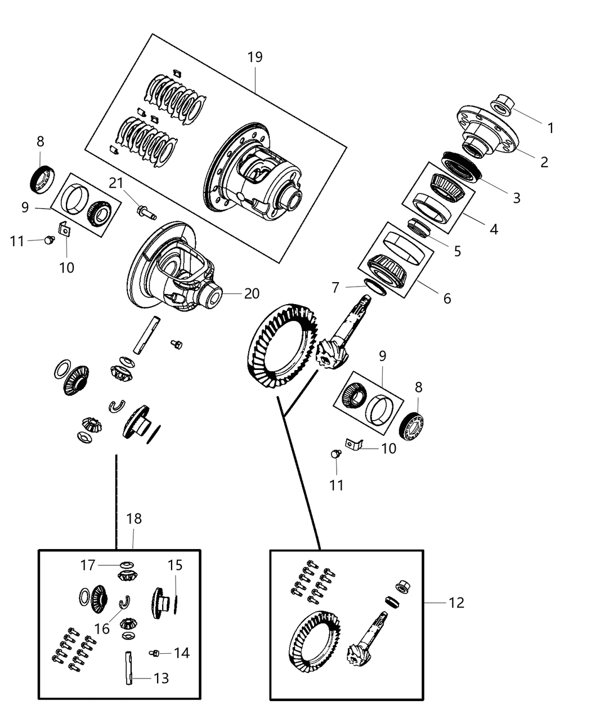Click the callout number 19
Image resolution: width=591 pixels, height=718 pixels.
pos(255,57)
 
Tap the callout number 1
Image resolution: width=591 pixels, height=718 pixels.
pos(550,128)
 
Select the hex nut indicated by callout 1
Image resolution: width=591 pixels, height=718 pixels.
pos(502,105)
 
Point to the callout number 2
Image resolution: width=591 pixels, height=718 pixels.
pos(544,162)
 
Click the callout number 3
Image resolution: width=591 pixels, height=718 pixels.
pos(516,198)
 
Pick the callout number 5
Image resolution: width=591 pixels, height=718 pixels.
pos(457,251)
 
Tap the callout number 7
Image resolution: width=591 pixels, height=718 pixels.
pos(335,288)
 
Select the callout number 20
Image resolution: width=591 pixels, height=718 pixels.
pos(252,293)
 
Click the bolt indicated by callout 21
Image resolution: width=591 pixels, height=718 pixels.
pos(145,213)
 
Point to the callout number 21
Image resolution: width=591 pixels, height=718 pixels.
pos(116,183)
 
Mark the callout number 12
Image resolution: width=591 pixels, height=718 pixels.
pos(456,603)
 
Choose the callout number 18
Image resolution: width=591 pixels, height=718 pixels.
pos(134,519)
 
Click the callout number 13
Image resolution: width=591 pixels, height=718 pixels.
pos(161,678)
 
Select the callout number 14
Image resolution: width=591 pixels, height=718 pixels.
pos(181,653)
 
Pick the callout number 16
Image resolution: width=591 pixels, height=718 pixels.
pos(102,628)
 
